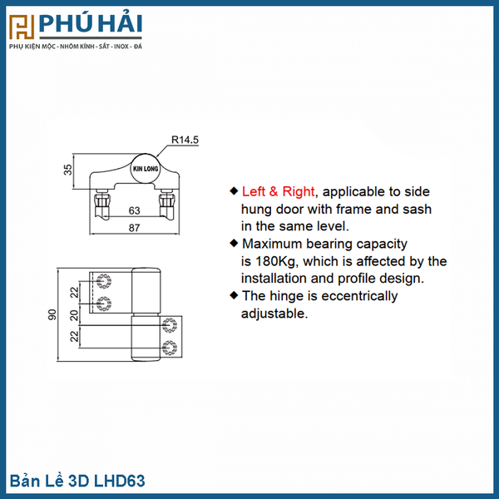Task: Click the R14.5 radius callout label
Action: (185, 140)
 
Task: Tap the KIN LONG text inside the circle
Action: (146, 169)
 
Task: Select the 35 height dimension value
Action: (68, 170)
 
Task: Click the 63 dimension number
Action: (134, 210)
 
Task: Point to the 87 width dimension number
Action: (134, 228)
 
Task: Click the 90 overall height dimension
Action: (52, 314)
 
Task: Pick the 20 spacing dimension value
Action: (74, 315)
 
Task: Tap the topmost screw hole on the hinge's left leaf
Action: (104, 281)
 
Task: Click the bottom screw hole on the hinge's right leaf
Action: (170, 348)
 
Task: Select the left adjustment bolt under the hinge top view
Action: (101, 204)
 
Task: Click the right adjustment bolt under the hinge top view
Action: (167, 204)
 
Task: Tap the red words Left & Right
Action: (278, 191)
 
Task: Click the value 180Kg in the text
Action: (276, 261)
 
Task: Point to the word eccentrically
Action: (359, 296)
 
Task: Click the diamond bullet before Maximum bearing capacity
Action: (234, 244)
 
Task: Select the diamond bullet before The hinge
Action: (234, 295)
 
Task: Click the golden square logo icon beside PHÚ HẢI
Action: (22, 27)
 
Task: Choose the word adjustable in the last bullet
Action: (274, 314)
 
